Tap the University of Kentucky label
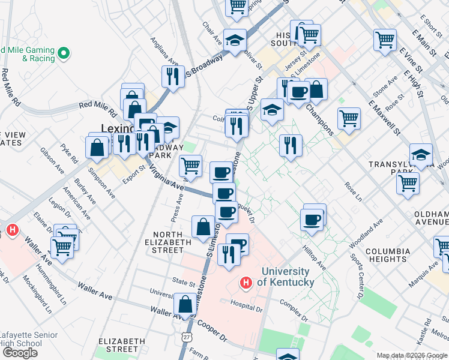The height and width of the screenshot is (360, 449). point(286,277)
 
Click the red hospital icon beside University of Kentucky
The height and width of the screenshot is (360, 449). point(245,282)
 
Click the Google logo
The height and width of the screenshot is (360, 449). point(20,352)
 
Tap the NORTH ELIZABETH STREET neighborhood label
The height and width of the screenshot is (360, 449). point(168,242)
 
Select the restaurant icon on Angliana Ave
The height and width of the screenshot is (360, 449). point(172,76)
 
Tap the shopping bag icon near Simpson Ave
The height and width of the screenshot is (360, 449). point(97,146)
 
